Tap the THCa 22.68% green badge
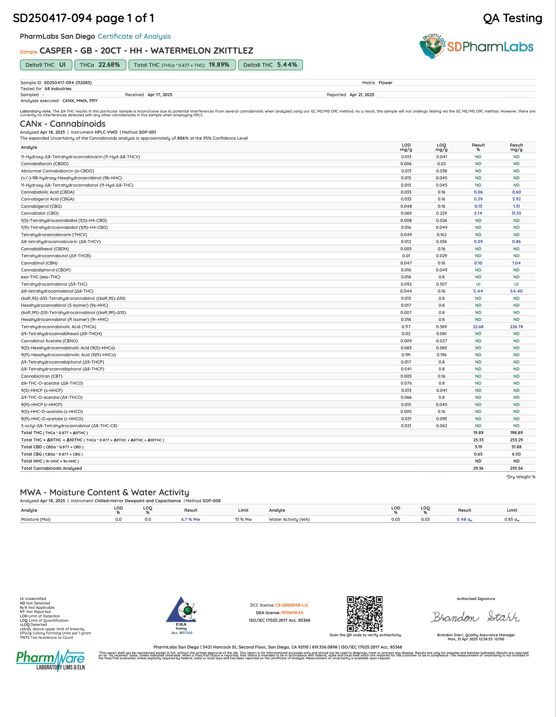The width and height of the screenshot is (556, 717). point(100,65)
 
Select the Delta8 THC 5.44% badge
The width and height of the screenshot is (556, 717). point(270,65)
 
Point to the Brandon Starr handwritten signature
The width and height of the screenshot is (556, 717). point(476,617)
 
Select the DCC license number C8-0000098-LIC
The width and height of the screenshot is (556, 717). point(292,605)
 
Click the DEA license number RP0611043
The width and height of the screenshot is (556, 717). point(292,613)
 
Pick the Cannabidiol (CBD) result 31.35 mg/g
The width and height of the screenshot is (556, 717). point(516,213)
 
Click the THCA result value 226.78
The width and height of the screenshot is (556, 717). point(516,327)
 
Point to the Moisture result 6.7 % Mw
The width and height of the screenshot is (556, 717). point(191,519)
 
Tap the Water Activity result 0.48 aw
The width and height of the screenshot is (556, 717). point(464,519)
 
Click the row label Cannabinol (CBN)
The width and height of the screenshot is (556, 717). point(39,263)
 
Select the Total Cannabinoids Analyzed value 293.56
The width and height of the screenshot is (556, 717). point(516,468)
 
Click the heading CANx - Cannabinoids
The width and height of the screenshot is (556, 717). point(63,124)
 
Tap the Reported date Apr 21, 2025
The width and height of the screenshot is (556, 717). point(362,95)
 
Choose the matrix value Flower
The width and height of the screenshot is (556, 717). point(386,83)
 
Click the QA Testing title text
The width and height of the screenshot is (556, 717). point(512,18)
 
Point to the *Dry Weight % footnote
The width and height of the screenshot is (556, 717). point(521,477)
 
